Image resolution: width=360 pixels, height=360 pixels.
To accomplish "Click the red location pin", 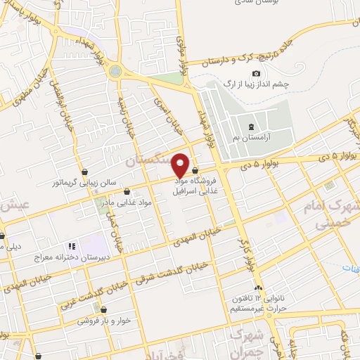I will point(181,165).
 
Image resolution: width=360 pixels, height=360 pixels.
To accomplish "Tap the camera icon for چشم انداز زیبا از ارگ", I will point(256,74).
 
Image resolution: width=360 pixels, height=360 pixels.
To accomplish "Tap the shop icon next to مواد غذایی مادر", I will point(127,191).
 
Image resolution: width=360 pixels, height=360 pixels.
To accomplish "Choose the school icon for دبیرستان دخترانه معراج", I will point(71,247).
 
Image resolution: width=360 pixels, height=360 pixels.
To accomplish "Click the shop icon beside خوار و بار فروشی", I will point(103,309).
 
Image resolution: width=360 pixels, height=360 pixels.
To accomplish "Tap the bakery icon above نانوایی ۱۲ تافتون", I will point(259,288).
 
